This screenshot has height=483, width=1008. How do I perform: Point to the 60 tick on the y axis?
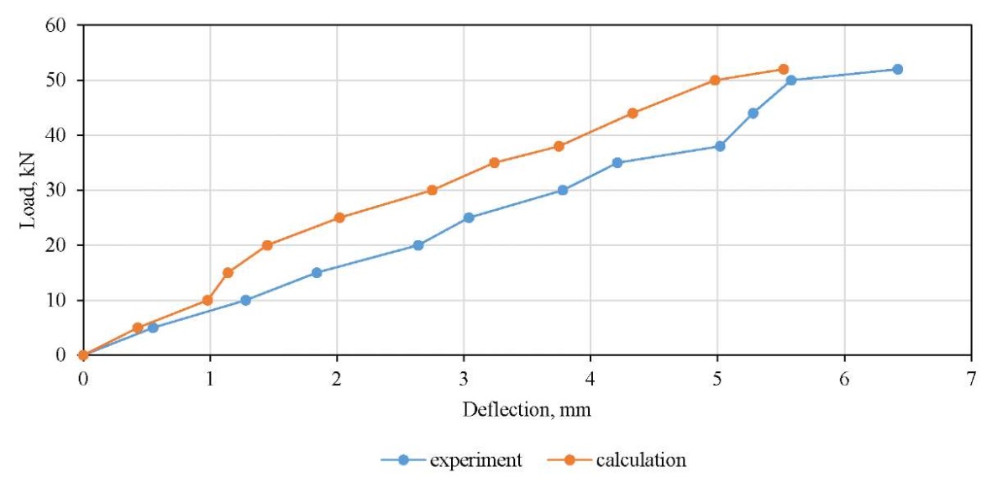(55, 25)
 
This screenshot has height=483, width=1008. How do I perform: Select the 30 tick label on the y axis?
(55, 191)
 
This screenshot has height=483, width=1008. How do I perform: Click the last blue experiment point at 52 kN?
(897, 69)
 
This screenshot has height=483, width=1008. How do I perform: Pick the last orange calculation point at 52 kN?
(783, 69)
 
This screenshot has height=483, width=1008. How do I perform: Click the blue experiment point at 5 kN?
(153, 328)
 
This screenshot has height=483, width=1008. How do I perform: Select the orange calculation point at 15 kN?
(228, 272)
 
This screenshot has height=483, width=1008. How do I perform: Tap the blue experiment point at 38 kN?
(720, 146)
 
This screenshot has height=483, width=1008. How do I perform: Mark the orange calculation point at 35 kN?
(494, 163)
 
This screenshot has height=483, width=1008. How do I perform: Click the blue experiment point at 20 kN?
(418, 245)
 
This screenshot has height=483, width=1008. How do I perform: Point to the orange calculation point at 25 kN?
(339, 218)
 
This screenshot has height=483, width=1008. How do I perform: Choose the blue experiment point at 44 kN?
(753, 113)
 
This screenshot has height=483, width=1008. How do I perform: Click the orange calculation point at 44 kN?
(633, 113)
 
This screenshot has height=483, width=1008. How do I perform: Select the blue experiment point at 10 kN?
(245, 300)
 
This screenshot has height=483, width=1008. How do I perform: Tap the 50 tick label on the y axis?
(55, 81)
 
